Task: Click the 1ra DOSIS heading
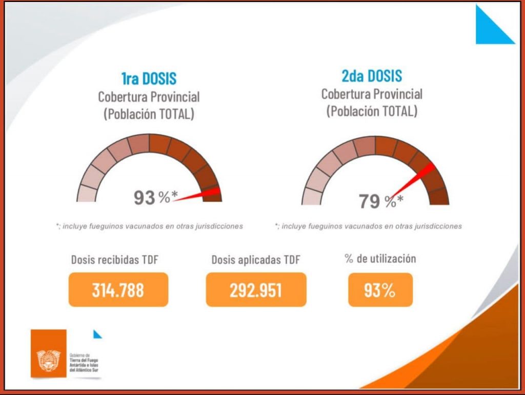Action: [149, 78]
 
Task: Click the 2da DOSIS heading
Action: [372, 76]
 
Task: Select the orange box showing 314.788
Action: [118, 290]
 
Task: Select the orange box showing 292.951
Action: [256, 290]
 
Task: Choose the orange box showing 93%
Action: [380, 290]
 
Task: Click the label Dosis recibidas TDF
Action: [114, 260]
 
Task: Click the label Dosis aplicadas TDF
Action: [255, 260]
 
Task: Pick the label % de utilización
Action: [380, 259]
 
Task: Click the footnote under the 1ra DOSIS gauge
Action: [149, 226]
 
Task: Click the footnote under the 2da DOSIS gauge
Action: [368, 226]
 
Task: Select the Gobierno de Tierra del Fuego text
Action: [83, 362]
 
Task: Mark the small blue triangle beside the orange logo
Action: [97, 334]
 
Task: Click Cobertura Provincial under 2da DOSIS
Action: [372, 94]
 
